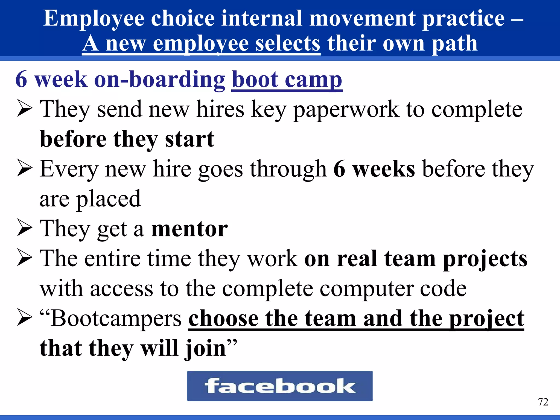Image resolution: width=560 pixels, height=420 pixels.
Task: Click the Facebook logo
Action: point(280,386)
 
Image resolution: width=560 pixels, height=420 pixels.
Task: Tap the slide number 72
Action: point(543,402)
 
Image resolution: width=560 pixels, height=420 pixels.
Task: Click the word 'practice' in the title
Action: point(463,18)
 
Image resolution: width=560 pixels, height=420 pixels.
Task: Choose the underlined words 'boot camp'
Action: point(287,79)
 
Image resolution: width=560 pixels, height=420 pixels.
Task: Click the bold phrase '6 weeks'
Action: point(374,169)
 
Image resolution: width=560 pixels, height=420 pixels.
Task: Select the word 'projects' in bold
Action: point(485,259)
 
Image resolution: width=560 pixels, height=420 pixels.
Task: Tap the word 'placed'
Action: point(108,199)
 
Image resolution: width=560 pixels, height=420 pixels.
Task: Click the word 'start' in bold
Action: point(189,139)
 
